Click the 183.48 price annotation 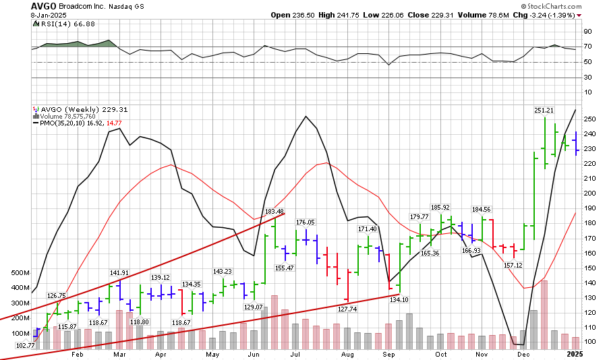coord(275,212)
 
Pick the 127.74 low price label coord(347,308)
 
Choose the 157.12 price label coord(515,265)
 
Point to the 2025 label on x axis coord(573,354)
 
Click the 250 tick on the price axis coord(588,119)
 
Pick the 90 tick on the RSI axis coord(588,32)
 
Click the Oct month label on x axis coord(441,354)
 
